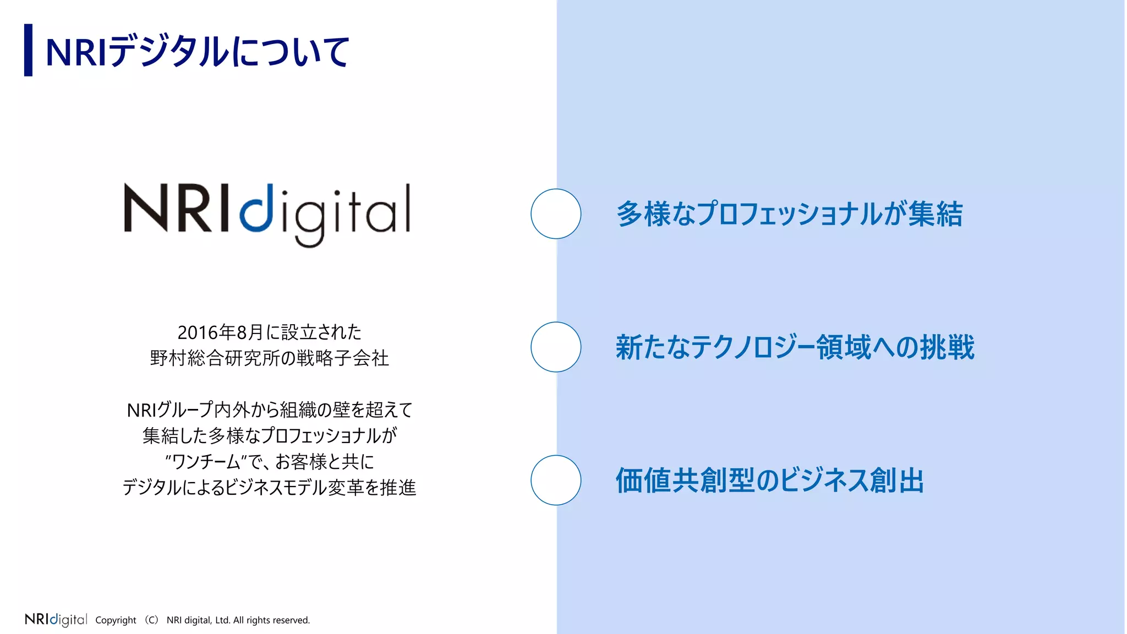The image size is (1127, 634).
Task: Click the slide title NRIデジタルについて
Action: [x=197, y=52]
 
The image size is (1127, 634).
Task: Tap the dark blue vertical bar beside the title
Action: [x=28, y=50]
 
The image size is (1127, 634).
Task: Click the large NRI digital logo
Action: [x=267, y=215]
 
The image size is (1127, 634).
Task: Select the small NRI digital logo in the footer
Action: [x=56, y=620]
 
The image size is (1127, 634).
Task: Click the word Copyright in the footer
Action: [x=116, y=620]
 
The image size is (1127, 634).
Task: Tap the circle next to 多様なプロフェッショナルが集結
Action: [x=556, y=214]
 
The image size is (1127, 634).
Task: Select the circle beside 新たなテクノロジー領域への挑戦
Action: [x=556, y=347]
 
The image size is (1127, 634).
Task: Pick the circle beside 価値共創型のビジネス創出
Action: [x=556, y=480]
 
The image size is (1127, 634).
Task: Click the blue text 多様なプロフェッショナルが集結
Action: [x=789, y=214]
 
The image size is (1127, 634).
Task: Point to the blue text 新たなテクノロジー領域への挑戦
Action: [x=795, y=347]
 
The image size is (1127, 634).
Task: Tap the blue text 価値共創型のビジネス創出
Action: [x=769, y=480]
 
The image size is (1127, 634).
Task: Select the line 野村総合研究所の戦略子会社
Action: [x=269, y=358]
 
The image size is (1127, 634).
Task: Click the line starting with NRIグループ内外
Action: [x=269, y=410]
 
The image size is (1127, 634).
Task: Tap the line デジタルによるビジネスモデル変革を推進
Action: [x=269, y=488]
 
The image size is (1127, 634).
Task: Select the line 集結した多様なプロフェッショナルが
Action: [x=269, y=436]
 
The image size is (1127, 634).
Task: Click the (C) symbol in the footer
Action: [x=151, y=620]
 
